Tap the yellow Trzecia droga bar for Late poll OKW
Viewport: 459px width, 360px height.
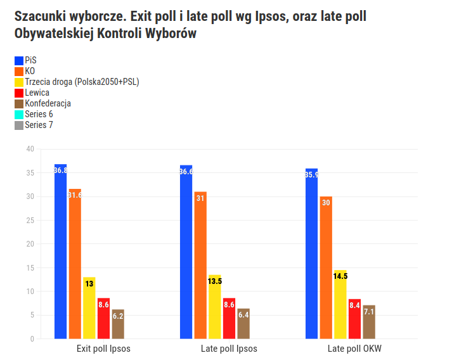pos(340,304)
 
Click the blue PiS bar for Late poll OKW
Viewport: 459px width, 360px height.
pos(311,254)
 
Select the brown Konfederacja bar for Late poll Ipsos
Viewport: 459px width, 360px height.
pos(243,323)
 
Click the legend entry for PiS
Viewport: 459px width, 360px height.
pos(30,60)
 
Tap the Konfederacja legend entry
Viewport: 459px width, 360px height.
pos(48,103)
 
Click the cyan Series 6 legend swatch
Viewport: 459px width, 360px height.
pos(19,114)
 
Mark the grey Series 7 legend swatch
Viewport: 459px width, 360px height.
pos(19,125)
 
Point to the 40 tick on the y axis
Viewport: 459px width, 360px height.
pos(30,149)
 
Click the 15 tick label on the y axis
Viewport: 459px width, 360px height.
pos(30,268)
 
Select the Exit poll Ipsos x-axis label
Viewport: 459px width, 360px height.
pos(103,349)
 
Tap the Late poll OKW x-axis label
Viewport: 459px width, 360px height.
pos(354,349)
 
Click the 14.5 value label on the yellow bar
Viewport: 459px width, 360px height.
pos(340,276)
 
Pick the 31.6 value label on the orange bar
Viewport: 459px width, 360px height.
pos(75,195)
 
